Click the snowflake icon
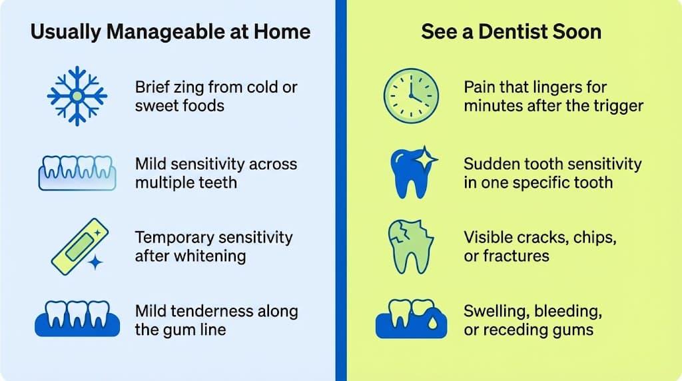[77, 96]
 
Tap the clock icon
[411, 96]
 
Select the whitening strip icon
[77, 244]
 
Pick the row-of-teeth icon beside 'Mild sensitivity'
[77, 173]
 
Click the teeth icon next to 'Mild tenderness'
[77, 319]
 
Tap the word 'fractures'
[516, 256]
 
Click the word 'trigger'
[616, 106]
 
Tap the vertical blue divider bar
[341, 190]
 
